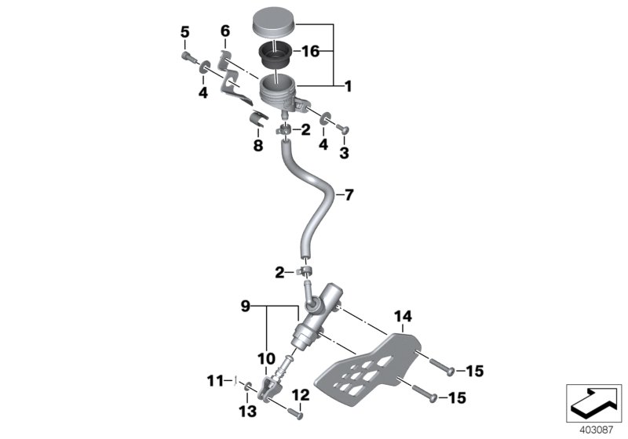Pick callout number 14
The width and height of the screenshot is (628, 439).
[402, 317]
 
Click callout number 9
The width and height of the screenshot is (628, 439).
[244, 306]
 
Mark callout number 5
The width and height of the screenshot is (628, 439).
[185, 32]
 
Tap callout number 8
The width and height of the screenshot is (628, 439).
[257, 145]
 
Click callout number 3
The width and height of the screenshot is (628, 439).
[343, 153]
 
